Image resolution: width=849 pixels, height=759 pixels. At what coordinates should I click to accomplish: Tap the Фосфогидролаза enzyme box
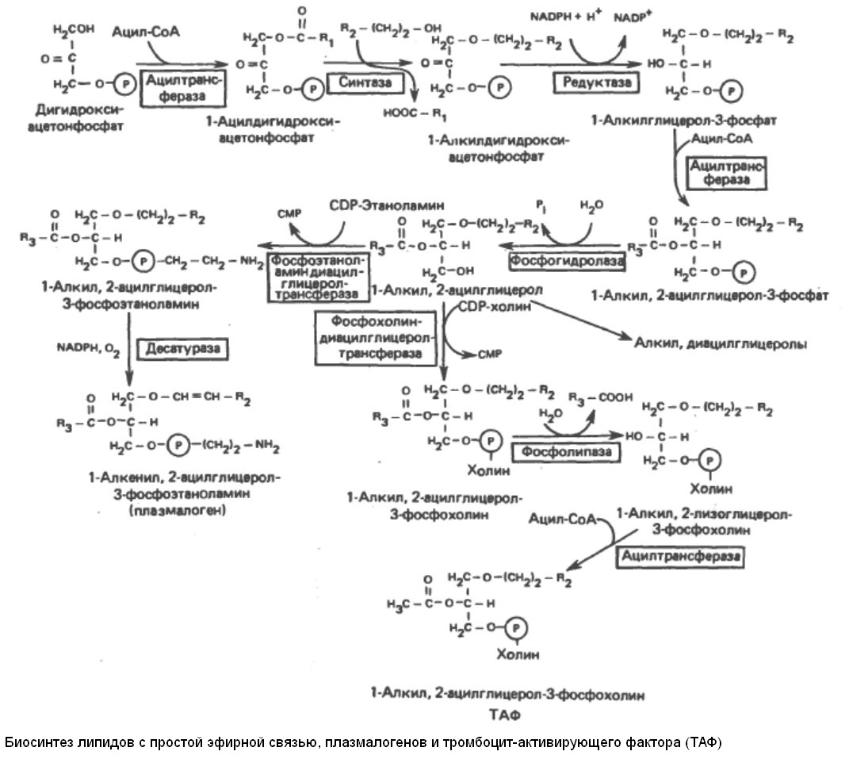pyautogui.click(x=566, y=259)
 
